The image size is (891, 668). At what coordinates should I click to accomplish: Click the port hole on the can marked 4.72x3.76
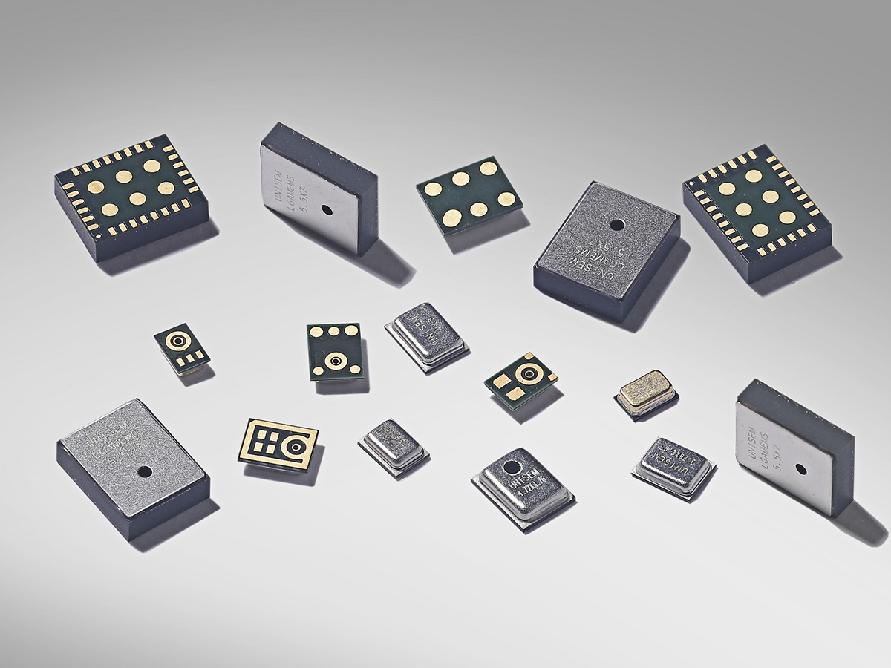[512, 467]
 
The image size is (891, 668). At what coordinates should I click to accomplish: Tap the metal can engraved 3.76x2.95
[672, 459]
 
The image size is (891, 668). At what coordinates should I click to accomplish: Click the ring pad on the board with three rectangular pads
[177, 341]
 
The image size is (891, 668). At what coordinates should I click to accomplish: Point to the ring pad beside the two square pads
[529, 370]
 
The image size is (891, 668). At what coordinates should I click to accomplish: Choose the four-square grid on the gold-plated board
[265, 439]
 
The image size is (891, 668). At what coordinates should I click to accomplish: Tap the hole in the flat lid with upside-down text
[616, 223]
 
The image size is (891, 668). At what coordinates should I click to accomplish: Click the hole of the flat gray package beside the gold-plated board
[145, 471]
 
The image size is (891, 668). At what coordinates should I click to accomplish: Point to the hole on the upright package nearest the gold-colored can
[800, 468]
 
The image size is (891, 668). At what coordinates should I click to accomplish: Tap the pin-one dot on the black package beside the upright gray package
[99, 236]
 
